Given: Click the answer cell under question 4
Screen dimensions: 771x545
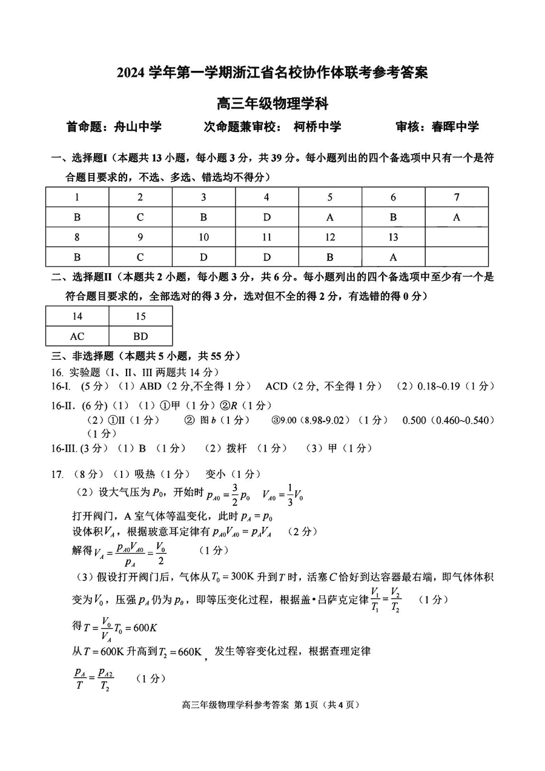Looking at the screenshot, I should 266,217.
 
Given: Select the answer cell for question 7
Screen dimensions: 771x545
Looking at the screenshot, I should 457,217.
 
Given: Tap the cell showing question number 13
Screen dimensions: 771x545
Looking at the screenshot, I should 394,237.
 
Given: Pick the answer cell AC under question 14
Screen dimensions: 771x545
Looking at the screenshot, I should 77,336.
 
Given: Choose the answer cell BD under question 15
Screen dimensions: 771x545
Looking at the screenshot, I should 140,336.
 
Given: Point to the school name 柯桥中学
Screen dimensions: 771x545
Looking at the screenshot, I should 317,127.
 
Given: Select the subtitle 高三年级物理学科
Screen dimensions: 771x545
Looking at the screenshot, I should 272,104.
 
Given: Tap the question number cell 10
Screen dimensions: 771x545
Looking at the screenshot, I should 203,237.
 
